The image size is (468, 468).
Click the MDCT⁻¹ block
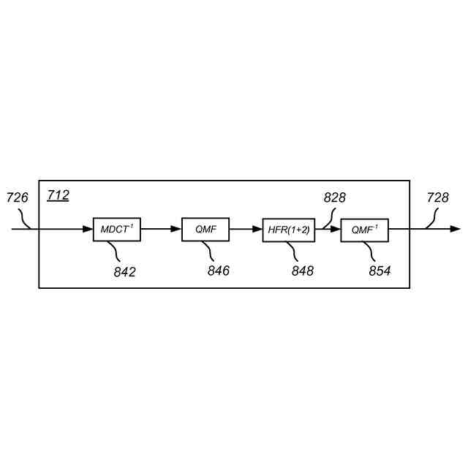117,230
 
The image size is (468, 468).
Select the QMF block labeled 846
205,230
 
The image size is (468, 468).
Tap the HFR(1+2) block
288,230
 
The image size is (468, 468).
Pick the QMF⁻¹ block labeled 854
364,230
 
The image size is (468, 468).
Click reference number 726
17,197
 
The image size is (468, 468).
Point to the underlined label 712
58,195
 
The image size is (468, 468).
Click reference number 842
124,272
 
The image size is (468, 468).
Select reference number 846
218,271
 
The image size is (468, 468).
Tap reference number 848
302,271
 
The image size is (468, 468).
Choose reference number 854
379,271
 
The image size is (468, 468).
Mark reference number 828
335,197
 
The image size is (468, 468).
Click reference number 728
437,197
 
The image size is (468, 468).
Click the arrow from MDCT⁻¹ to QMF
161,230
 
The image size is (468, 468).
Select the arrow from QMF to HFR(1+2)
246,230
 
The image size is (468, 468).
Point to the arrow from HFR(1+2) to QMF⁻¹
328,230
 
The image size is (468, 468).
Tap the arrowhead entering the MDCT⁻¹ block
88,230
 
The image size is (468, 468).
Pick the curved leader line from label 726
26,219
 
